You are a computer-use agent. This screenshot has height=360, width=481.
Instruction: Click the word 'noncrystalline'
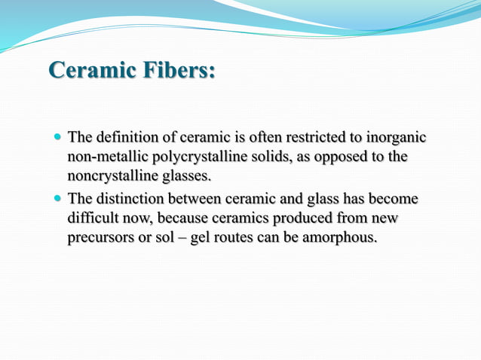pyautogui.click(x=114, y=177)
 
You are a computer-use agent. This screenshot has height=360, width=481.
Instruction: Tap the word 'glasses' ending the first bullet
pyautogui.click(x=188, y=177)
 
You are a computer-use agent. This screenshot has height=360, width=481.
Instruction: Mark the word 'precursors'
pyautogui.click(x=102, y=239)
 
